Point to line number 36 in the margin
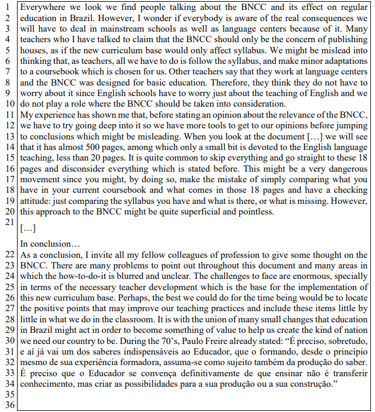(8, 404)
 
